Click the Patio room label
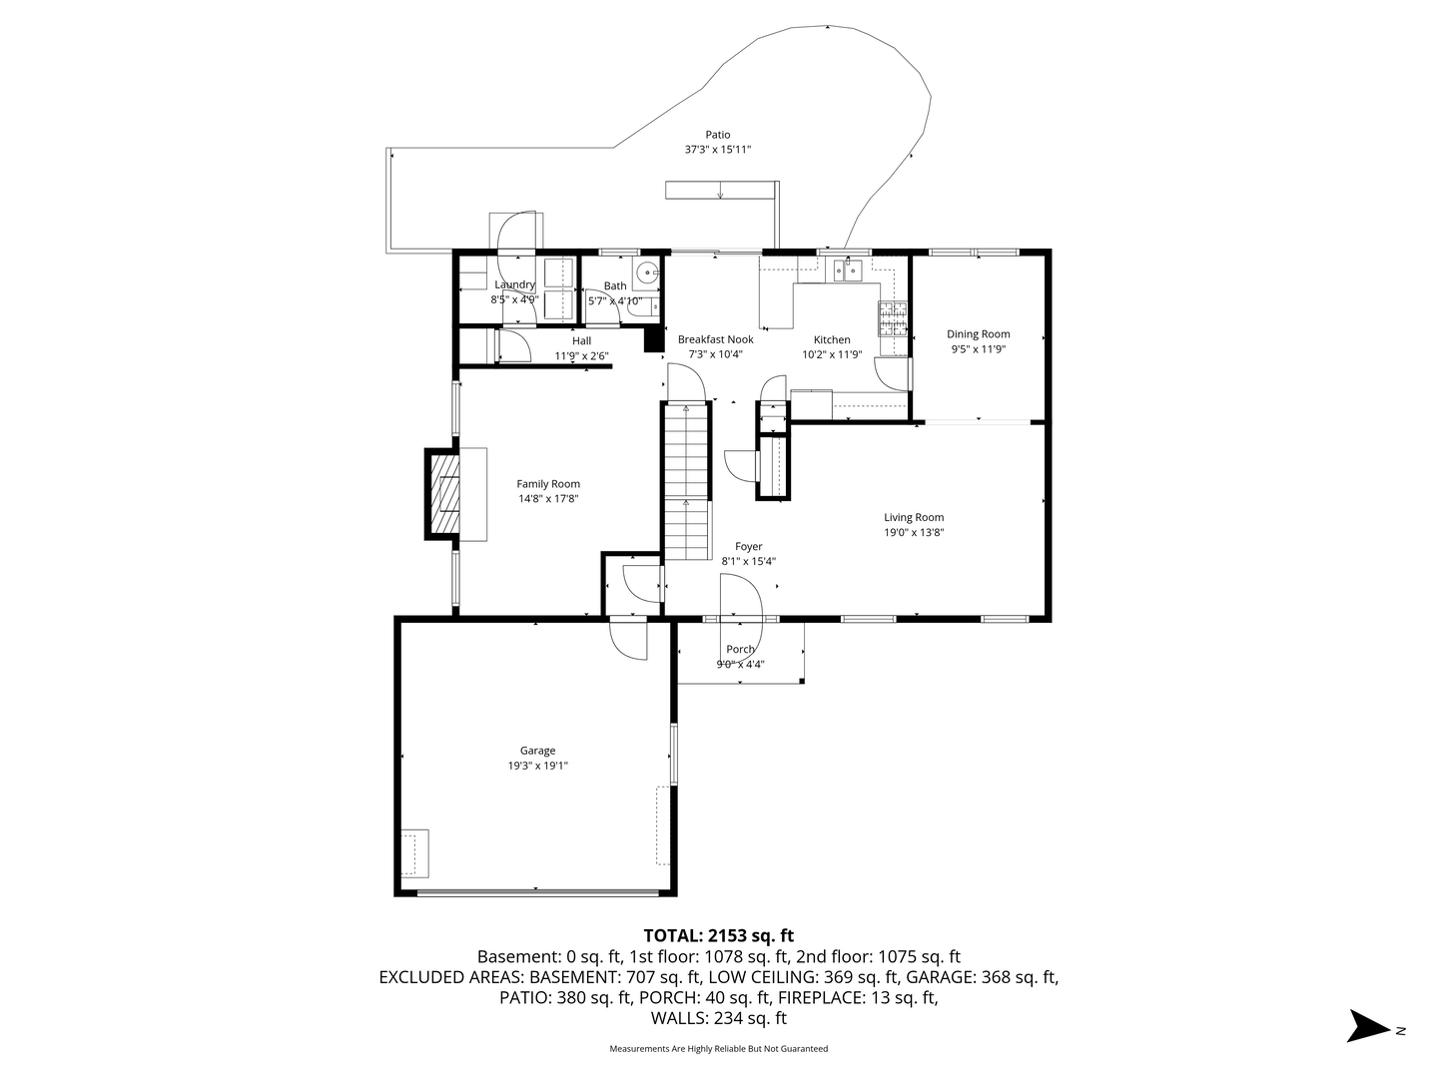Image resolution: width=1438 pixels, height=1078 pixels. point(717,135)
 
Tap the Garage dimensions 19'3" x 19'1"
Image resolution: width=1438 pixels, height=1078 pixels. point(537,766)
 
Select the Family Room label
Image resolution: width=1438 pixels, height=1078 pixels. point(547,484)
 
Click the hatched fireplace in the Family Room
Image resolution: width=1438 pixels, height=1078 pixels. point(444,495)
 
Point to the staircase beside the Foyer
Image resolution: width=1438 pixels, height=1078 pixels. point(686,484)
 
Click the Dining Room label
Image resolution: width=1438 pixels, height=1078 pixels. point(978,334)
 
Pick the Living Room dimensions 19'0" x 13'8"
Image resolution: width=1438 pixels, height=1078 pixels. point(913,532)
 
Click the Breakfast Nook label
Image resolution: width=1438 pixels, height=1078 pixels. point(715,339)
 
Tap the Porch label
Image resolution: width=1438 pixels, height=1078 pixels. point(740,649)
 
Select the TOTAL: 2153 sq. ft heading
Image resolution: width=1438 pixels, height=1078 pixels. point(718,935)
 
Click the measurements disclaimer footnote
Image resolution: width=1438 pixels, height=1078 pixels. point(718,1049)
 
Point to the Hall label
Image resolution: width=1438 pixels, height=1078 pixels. point(581,341)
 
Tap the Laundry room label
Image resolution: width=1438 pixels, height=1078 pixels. point(514,284)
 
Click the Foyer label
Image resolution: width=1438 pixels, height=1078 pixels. point(748,546)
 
